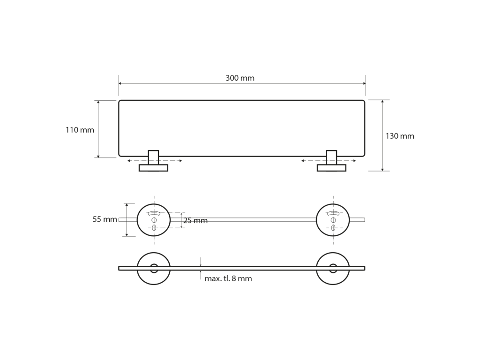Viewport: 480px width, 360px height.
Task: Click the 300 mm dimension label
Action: (x=240, y=78)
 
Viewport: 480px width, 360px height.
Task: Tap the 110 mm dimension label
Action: (x=80, y=130)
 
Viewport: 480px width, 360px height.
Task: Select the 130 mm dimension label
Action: (x=400, y=136)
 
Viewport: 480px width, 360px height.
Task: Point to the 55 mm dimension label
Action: (x=105, y=219)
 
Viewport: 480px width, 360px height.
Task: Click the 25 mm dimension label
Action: (x=195, y=220)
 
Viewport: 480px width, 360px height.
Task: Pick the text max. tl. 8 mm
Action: (x=228, y=278)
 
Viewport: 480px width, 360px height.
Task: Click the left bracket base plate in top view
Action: (x=153, y=168)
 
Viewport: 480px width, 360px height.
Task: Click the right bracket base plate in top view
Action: (x=331, y=168)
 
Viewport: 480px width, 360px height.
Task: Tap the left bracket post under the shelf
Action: (x=153, y=157)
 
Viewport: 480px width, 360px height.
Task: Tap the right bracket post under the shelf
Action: (x=331, y=157)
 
